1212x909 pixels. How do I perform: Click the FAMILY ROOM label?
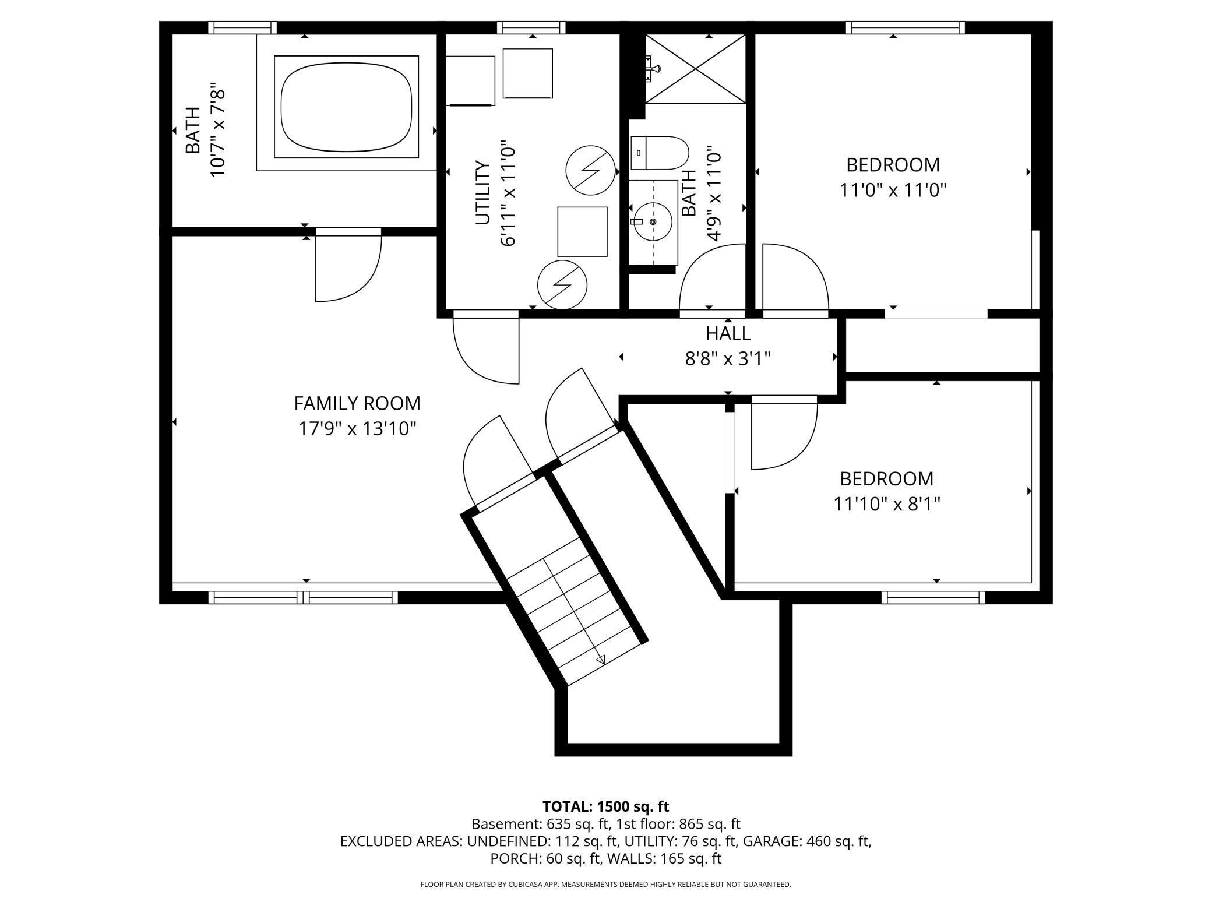click(x=357, y=403)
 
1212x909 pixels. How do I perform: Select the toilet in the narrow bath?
click(x=660, y=153)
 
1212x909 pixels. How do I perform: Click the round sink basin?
click(x=653, y=221)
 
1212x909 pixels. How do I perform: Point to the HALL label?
click(x=728, y=333)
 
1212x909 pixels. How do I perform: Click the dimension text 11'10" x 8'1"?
click(x=887, y=503)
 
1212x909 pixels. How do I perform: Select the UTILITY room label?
click(x=482, y=192)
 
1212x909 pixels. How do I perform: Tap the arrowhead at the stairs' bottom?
click(x=600, y=659)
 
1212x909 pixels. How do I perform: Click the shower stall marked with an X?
click(x=695, y=69)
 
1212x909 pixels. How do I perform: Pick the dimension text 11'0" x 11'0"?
click(x=893, y=190)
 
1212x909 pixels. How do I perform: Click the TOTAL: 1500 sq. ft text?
click(x=605, y=806)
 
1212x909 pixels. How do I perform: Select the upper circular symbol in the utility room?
click(x=591, y=170)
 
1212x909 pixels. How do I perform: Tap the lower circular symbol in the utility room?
click(x=562, y=284)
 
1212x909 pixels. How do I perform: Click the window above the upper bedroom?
click(x=905, y=27)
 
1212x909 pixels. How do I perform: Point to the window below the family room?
click(x=303, y=597)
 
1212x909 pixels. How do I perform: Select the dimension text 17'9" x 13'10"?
click(x=357, y=429)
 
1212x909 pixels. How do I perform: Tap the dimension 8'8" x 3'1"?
click(x=728, y=358)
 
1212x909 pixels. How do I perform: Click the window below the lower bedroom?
click(x=933, y=597)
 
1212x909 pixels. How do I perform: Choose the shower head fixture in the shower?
click(x=653, y=68)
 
